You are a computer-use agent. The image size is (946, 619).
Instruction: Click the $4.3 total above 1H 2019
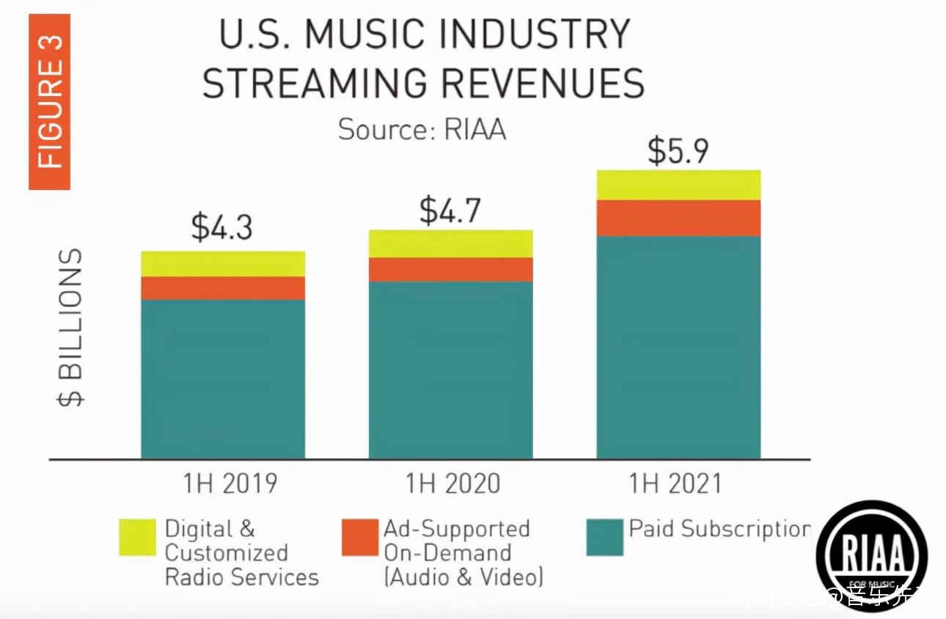[x=221, y=227]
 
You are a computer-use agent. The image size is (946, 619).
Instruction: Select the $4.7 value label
[x=450, y=210]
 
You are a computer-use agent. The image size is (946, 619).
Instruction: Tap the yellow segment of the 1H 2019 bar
[x=223, y=264]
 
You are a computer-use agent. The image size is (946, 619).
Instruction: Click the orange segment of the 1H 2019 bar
[x=223, y=287]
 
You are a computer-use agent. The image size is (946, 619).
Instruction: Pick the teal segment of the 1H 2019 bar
[x=223, y=378]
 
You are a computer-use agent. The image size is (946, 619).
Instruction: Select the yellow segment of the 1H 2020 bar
[x=450, y=243]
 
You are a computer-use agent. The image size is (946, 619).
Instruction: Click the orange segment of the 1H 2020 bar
[x=450, y=269]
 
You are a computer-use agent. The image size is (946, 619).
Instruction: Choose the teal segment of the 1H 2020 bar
[x=450, y=370]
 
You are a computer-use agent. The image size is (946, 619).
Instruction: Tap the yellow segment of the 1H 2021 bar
[x=678, y=185]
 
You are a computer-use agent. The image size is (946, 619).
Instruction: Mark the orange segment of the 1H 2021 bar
[x=678, y=218]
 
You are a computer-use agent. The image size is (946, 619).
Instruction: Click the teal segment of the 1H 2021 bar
[x=678, y=347]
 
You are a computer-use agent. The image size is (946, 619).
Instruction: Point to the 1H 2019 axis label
[x=230, y=484]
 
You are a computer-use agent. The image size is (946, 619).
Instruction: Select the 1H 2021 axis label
[x=675, y=484]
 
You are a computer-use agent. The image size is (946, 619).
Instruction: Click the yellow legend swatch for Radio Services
[x=137, y=537]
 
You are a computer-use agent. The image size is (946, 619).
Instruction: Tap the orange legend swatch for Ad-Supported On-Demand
[x=359, y=537]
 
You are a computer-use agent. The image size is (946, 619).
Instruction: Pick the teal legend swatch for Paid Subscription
[x=605, y=537]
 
